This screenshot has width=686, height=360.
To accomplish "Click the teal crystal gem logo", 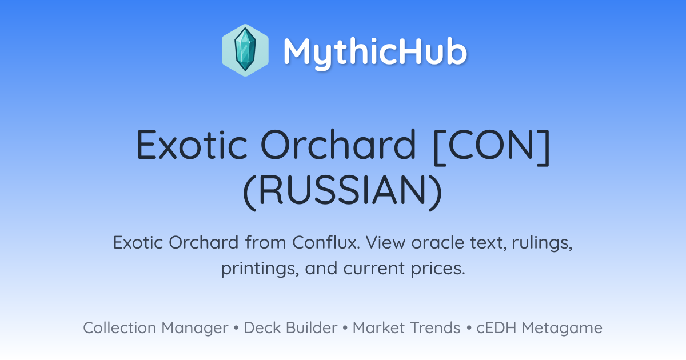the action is [245, 50].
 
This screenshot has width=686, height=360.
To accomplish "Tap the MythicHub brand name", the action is [375, 53].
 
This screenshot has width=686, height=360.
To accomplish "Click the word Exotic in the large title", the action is [192, 145].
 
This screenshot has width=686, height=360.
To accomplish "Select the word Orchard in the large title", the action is [338, 144].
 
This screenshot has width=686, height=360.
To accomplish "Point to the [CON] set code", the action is [492, 147].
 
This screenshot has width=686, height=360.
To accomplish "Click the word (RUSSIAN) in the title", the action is [342, 191].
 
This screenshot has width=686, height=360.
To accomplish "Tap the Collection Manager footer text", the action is [155, 328].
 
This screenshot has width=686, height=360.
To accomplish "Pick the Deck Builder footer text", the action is [290, 327].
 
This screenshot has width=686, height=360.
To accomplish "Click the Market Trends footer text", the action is [406, 327].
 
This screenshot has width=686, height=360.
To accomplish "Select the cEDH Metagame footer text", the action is [539, 328].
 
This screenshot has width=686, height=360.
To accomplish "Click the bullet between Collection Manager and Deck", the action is [236, 328].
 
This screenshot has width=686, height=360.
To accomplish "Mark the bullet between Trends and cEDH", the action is [469, 328].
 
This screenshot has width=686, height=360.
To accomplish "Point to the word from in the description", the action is [265, 242].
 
